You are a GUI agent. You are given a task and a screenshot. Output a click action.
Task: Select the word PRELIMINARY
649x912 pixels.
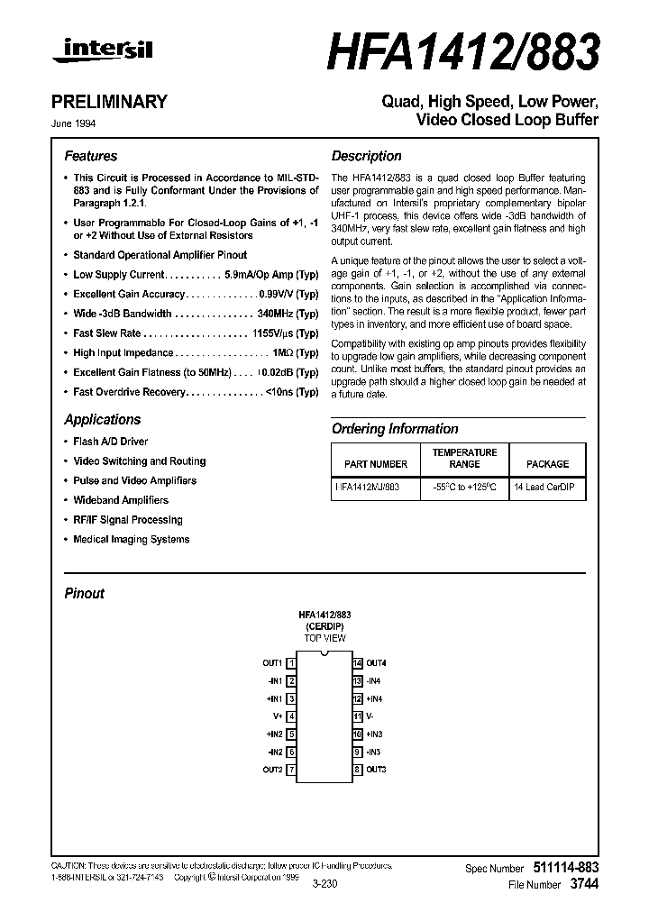tap(115, 102)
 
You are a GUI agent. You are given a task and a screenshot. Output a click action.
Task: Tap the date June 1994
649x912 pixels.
tap(81, 124)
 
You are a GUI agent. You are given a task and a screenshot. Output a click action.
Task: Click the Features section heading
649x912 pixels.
tap(90, 156)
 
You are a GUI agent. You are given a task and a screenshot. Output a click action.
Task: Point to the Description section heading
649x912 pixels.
tap(366, 156)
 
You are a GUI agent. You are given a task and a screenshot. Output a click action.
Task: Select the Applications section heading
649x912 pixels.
tap(102, 420)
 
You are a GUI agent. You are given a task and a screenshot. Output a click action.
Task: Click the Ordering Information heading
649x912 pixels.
tap(395, 429)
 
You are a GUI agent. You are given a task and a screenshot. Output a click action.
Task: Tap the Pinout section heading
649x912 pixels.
tap(84, 594)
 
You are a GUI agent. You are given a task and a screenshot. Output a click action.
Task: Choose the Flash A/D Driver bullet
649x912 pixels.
tap(110, 442)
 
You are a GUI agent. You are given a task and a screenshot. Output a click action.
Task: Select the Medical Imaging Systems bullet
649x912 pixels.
tap(131, 540)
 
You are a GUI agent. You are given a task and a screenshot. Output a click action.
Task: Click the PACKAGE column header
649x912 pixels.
tap(547, 464)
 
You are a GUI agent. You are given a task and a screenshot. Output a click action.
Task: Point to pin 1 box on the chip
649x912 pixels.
tap(291, 663)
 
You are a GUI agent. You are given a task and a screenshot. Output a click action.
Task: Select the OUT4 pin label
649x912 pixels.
tap(376, 663)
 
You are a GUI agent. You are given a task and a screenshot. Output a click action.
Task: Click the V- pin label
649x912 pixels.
tap(370, 716)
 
